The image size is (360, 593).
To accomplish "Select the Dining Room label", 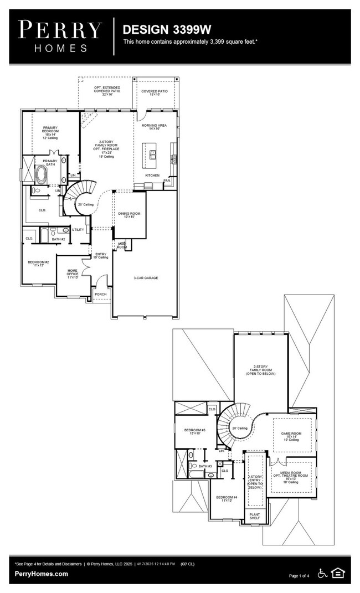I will [x=130, y=215].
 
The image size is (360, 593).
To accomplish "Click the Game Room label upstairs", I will [x=290, y=434].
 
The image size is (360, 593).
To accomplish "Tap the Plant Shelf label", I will [x=255, y=516].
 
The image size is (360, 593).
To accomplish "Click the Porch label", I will [x=100, y=294].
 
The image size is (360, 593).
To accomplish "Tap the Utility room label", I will [x=78, y=230].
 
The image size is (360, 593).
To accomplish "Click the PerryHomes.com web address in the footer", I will [x=42, y=574].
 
